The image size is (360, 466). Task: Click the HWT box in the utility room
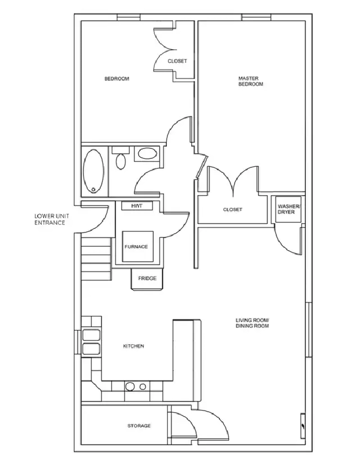point(137,206)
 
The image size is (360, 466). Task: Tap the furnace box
point(138,246)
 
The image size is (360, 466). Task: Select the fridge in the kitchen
point(147,278)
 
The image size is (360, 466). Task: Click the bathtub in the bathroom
point(94,171)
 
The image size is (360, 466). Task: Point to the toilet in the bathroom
point(120,158)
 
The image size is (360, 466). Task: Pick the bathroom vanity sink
point(147,154)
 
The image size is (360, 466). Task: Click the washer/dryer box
point(288,209)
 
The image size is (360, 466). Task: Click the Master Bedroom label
point(250,81)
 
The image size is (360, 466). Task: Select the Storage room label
point(139,426)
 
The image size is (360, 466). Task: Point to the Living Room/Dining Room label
point(252,323)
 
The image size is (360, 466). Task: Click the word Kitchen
point(133,346)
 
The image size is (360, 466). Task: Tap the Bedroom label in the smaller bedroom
point(117,79)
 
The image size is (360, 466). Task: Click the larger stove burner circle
point(130,387)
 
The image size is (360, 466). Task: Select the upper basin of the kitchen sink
point(91,335)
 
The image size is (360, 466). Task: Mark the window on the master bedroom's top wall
point(256,17)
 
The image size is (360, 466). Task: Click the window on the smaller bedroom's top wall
point(128,17)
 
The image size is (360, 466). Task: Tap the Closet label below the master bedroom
point(233,210)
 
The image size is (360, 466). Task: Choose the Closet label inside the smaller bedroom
point(177,61)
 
